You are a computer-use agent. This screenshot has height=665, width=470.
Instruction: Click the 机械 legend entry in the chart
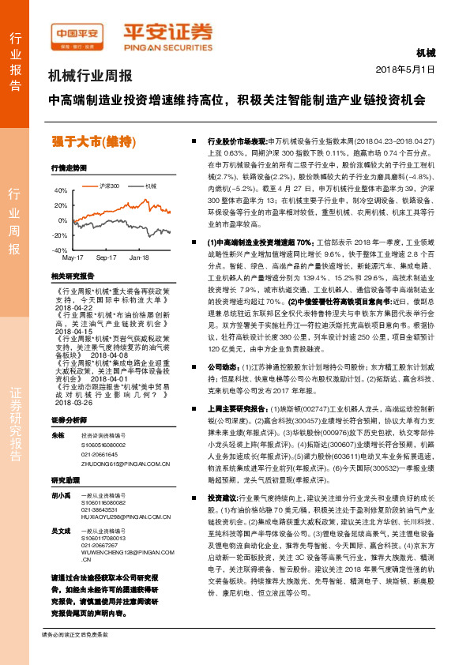point(149,186)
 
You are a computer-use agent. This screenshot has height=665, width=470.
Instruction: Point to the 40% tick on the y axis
point(61,191)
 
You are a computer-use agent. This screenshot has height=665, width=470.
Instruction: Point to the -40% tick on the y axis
point(60,250)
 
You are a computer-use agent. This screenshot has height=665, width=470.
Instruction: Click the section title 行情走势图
point(69,169)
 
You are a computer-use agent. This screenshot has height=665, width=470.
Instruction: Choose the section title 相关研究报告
point(72,276)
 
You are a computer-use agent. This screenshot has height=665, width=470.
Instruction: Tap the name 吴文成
point(60,509)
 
